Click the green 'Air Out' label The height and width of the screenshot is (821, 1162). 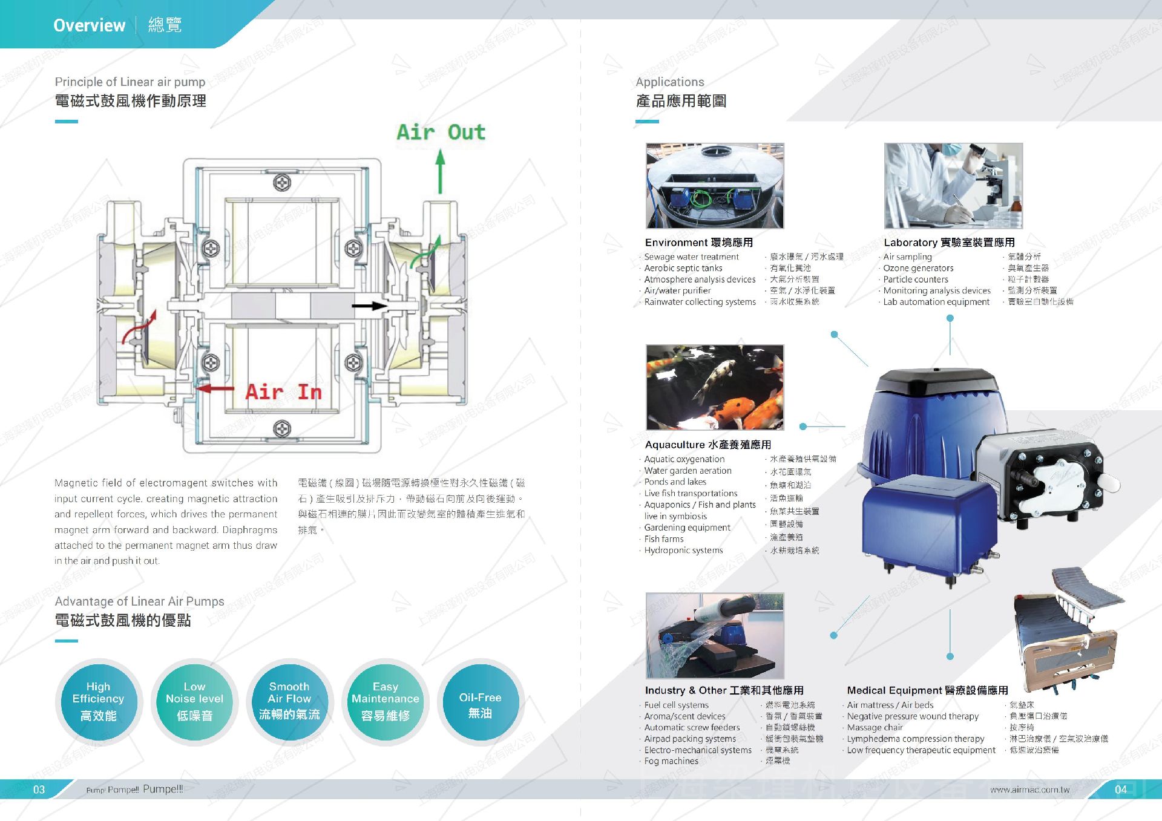click(441, 132)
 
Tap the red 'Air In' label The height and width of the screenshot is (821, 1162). click(283, 392)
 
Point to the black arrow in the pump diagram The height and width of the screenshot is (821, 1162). click(369, 306)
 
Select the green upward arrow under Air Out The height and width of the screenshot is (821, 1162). click(441, 172)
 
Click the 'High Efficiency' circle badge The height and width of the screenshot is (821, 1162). click(98, 701)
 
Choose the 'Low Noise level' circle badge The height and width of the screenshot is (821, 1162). click(194, 701)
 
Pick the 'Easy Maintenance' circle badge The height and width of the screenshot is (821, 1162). click(385, 701)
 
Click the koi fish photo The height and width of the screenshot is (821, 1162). click(715, 387)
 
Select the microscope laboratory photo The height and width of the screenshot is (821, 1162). click(953, 186)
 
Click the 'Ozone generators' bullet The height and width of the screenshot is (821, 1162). click(918, 268)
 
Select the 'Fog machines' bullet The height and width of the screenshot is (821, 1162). click(671, 761)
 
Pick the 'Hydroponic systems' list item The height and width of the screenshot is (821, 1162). click(683, 551)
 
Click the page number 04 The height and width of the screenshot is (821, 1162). click(1121, 790)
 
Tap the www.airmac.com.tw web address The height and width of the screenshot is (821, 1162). click(1029, 790)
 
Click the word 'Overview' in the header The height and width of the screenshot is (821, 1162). click(90, 25)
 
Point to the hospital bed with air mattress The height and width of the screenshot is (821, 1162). click(1068, 629)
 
